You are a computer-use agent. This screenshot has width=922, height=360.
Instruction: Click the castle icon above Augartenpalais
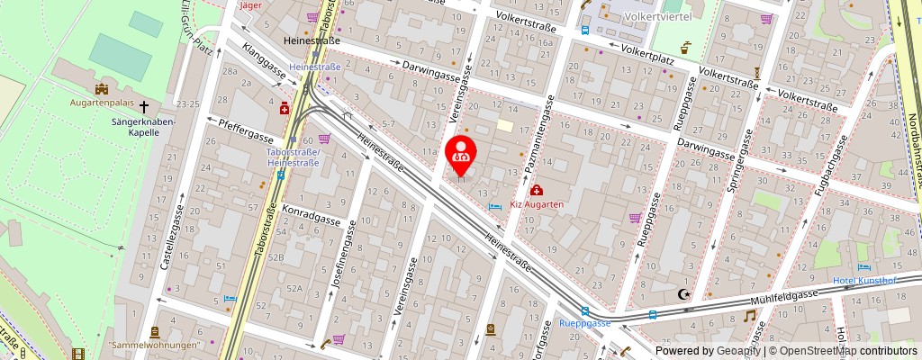tap(102, 89)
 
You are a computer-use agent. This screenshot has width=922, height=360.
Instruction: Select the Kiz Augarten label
tap(537, 204)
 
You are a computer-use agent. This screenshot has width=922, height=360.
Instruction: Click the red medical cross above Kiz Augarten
tap(537, 190)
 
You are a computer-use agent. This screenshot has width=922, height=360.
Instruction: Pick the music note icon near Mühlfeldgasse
tap(749, 316)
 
